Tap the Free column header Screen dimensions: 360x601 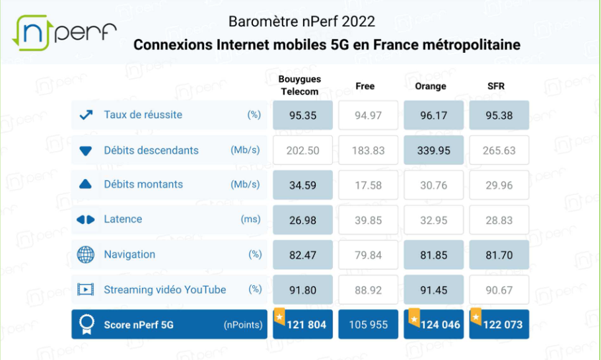click(365, 87)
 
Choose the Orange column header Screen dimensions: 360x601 click(431, 87)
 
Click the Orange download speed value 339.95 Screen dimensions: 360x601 click(433, 151)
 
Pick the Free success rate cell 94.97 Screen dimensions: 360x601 click(368, 116)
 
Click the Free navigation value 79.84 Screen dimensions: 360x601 click(368, 255)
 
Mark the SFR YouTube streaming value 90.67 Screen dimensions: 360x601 click(499, 290)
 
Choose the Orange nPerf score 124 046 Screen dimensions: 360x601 click(437, 324)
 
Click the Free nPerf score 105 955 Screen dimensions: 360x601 click(368, 324)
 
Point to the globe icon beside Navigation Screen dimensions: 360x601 click(86, 255)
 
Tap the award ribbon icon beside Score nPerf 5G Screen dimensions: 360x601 click(86, 324)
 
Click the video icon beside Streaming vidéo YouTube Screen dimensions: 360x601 click(86, 289)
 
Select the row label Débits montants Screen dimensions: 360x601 click(143, 185)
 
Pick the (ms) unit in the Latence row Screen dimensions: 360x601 click(251, 219)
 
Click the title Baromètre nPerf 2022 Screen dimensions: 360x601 click(302, 21)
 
